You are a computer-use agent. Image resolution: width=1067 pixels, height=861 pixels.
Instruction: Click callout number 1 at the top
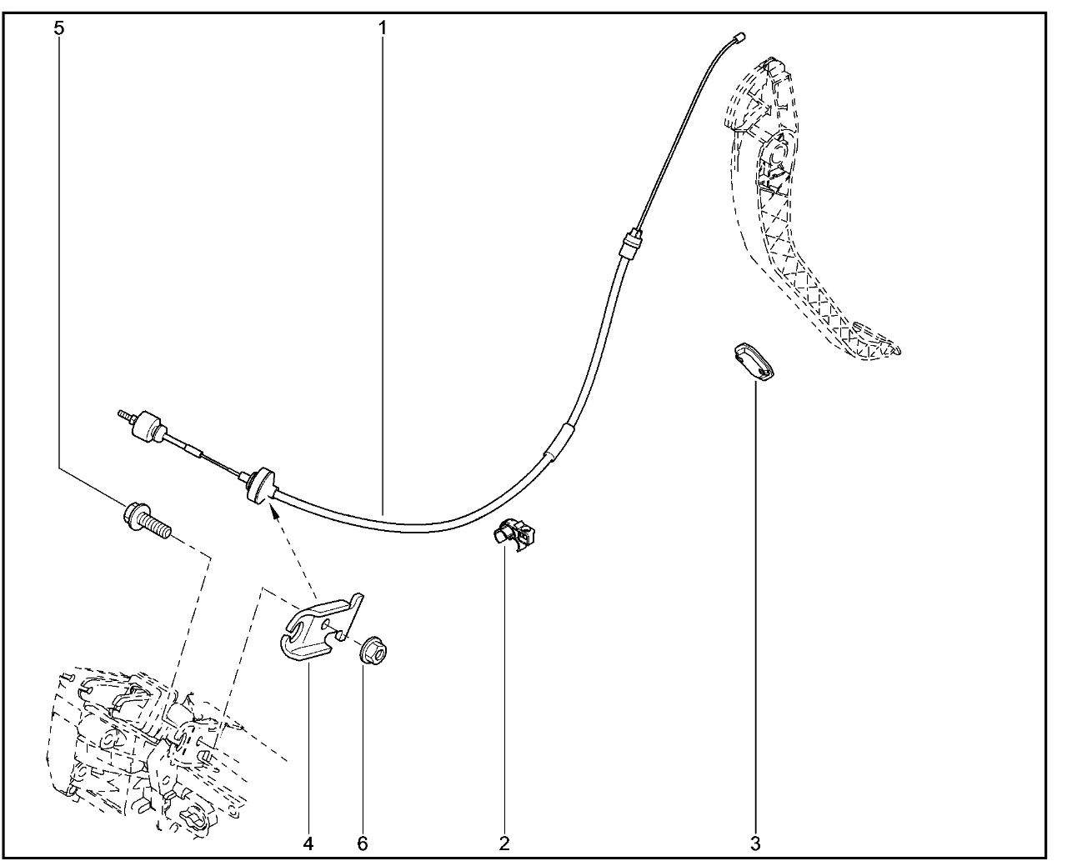[x=383, y=28]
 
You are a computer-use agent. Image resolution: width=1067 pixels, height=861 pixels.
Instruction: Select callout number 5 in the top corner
[x=59, y=28]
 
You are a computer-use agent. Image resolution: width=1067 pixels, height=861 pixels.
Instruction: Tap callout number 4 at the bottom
[x=308, y=843]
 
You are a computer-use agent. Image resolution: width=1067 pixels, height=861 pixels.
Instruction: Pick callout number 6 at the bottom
[x=362, y=843]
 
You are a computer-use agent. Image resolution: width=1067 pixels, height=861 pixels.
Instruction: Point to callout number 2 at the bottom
[x=504, y=843]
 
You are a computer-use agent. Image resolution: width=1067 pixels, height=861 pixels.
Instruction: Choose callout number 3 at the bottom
[x=755, y=843]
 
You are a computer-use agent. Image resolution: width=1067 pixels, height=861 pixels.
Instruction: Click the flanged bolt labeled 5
[x=146, y=522]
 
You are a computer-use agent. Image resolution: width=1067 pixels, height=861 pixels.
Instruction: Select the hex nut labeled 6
[x=373, y=651]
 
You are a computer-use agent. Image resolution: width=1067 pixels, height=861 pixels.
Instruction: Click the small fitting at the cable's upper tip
[x=738, y=38]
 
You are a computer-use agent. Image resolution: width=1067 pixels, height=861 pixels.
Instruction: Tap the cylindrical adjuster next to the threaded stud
[x=148, y=428]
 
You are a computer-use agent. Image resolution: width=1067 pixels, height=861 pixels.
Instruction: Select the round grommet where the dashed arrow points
[x=260, y=486]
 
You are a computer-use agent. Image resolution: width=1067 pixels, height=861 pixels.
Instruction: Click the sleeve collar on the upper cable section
[x=631, y=243]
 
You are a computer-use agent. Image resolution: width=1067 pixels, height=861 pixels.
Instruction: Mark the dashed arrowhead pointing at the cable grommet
[x=274, y=512]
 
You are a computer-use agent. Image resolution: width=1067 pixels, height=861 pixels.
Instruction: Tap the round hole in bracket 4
[x=326, y=624]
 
